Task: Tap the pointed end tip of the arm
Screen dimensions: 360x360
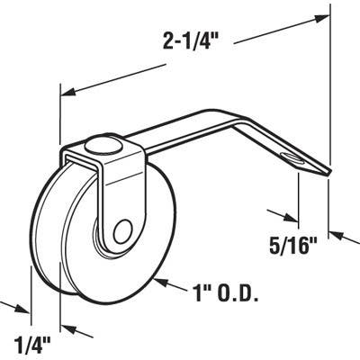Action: (328, 176)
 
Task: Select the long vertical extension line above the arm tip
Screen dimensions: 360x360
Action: (327, 90)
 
